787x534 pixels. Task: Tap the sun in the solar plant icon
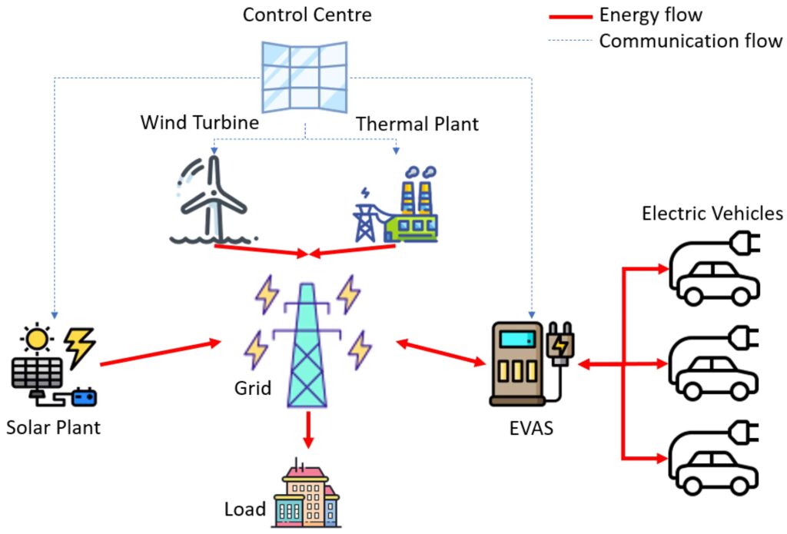point(35,338)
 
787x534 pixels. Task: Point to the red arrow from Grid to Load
point(308,430)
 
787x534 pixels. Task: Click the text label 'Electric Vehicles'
point(712,213)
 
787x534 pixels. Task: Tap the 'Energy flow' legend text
point(650,15)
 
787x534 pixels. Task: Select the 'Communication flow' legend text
point(690,41)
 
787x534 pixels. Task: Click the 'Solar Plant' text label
point(53,427)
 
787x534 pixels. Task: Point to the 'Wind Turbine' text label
point(199,123)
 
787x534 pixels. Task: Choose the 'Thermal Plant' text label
point(417,124)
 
